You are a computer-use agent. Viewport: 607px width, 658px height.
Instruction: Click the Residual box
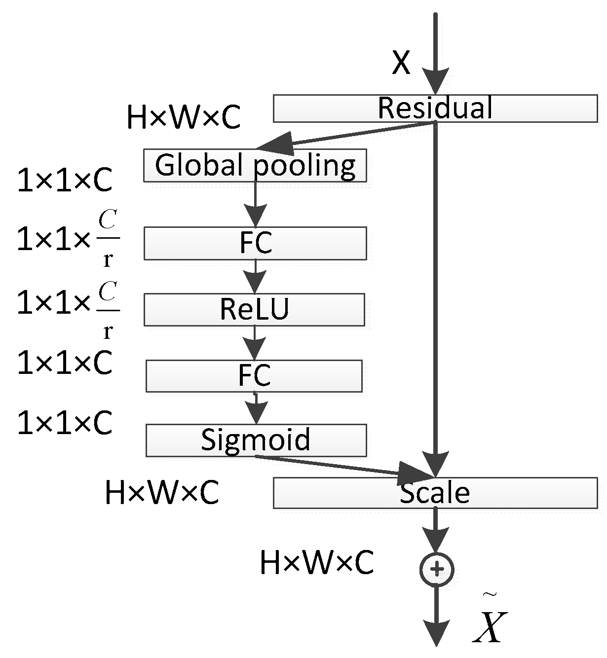(435, 108)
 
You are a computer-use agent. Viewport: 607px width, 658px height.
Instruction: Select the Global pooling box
(255, 166)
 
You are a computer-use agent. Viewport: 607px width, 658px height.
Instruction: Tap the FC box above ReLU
(255, 243)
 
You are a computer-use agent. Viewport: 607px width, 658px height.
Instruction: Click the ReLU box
(254, 310)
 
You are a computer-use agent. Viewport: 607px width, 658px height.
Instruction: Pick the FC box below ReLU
(254, 376)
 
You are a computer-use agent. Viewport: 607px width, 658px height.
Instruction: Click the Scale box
(435, 493)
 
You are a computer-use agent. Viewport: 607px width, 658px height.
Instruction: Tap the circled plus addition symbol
(436, 570)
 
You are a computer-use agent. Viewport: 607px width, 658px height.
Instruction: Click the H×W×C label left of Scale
(162, 493)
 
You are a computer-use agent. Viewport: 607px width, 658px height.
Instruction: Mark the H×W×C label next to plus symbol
(316, 563)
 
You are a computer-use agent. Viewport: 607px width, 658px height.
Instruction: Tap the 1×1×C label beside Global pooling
(65, 181)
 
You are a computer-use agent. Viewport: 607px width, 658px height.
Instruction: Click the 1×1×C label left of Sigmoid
(65, 423)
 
